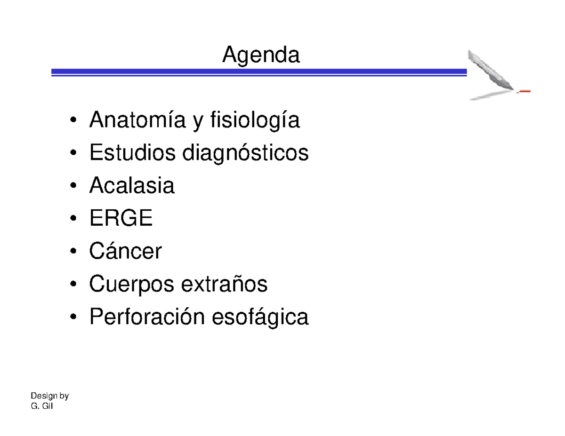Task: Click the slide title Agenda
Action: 261,56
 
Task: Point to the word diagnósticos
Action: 245,154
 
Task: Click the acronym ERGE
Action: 121,219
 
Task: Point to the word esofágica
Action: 261,317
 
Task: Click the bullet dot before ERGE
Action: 73,220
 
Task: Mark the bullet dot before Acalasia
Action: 73,187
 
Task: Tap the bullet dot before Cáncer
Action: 73,253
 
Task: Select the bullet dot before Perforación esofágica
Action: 73,318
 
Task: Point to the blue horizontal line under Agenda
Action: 259,72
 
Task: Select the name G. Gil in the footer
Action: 41,406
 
